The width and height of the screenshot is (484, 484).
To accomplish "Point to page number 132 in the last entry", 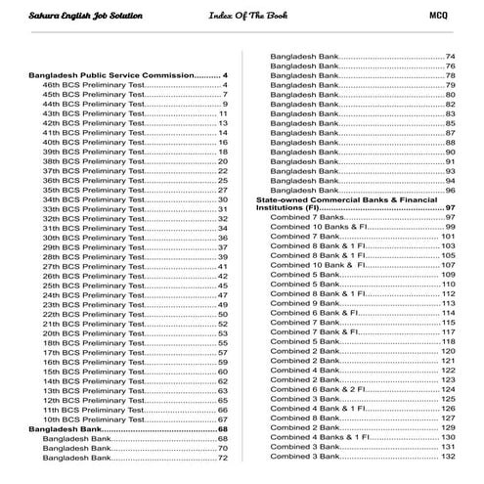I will tap(449, 457).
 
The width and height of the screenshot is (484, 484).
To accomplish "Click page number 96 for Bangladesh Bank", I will tap(451, 190).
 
